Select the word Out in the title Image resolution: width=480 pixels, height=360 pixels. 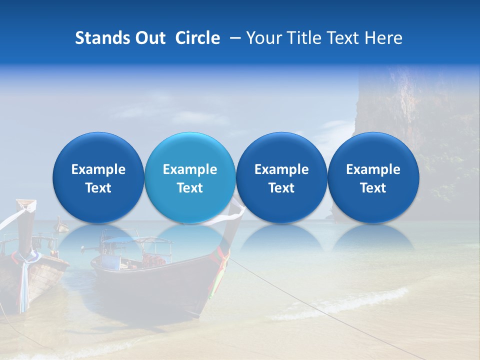click(148, 38)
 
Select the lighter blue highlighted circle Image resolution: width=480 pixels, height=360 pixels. click(189, 178)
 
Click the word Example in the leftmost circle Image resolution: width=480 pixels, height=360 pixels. click(98, 169)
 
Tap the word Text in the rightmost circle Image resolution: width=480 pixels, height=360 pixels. click(373, 188)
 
